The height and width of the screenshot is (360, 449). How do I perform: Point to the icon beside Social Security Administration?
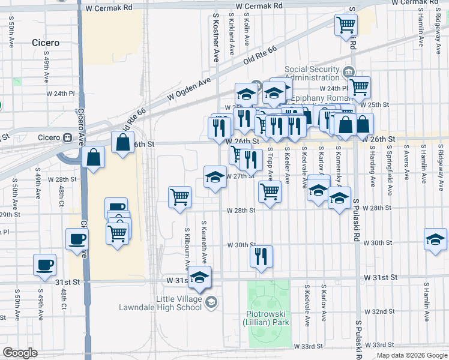[348, 73]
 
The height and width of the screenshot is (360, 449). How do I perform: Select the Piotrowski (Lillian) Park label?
[268, 318]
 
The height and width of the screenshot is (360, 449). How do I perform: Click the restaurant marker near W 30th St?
[261, 257]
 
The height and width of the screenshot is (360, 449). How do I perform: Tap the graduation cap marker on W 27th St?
[215, 177]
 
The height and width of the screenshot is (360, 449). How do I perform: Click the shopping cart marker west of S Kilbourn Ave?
[179, 196]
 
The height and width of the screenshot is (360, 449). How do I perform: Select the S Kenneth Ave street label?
[204, 244]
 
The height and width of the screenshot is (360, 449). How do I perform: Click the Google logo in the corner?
[20, 353]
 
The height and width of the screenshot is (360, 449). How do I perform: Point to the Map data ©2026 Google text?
[412, 355]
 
